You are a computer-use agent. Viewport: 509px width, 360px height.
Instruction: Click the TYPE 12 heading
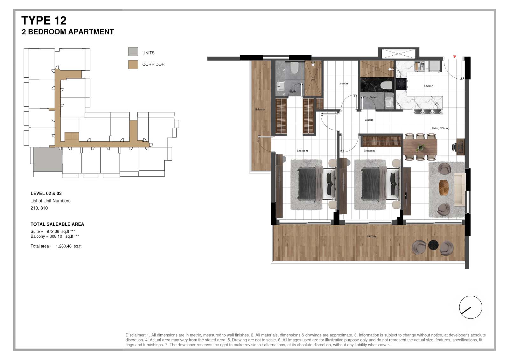pyautogui.click(x=44, y=21)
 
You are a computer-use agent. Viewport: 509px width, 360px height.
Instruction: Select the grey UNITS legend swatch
pyautogui.click(x=133, y=52)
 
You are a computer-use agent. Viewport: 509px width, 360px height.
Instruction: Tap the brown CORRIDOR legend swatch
pyautogui.click(x=133, y=65)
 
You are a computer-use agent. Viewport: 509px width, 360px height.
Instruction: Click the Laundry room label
pyautogui.click(x=343, y=83)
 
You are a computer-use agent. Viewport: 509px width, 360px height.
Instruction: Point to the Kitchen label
pyautogui.click(x=428, y=86)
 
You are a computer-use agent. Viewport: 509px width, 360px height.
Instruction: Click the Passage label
pyautogui.click(x=368, y=120)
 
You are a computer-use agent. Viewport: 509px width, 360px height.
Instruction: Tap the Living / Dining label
pyautogui.click(x=441, y=128)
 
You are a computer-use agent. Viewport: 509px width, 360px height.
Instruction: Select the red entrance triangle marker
pyautogui.click(x=455, y=57)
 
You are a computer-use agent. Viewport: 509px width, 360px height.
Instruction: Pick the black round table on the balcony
pyautogui.click(x=433, y=245)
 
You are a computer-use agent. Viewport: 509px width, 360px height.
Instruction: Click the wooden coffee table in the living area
pyautogui.click(x=444, y=187)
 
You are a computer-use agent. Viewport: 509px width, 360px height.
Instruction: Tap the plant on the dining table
pyautogui.click(x=420, y=148)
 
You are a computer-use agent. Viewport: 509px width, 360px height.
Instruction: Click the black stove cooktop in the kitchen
pyautogui.click(x=401, y=84)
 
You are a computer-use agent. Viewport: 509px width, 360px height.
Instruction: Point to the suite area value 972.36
pyautogui.click(x=53, y=231)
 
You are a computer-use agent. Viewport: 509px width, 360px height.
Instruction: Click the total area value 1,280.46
pyautogui.click(x=64, y=246)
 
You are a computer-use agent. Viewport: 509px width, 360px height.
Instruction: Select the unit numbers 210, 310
pyautogui.click(x=39, y=208)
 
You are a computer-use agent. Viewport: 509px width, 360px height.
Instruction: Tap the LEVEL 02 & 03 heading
pyautogui.click(x=46, y=194)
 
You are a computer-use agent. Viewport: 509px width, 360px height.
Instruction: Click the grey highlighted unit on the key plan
pyautogui.click(x=48, y=159)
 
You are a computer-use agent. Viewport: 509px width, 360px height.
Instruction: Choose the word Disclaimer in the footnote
pyautogui.click(x=135, y=335)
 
